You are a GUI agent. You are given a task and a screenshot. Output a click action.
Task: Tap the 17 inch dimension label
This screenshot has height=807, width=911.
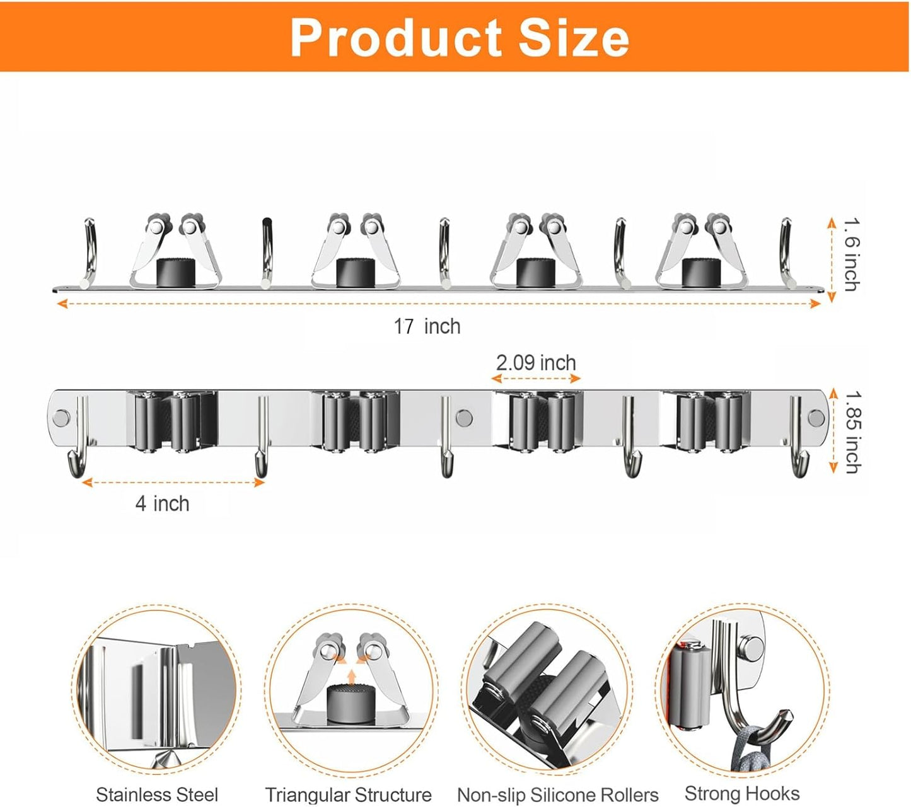click(427, 326)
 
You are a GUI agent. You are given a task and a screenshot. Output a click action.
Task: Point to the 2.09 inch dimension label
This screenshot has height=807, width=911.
click(536, 363)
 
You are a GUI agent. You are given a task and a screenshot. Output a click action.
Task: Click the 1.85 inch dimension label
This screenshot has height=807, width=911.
click(852, 432)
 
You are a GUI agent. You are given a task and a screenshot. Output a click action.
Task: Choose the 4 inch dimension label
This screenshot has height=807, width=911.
click(162, 503)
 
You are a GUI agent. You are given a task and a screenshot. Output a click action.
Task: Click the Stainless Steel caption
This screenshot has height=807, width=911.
click(157, 794)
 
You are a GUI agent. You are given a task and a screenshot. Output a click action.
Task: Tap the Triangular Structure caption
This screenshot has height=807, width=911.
click(348, 794)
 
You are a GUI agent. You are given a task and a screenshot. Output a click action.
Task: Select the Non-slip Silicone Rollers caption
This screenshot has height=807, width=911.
click(557, 795)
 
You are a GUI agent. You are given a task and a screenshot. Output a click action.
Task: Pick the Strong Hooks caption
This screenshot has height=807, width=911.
click(742, 793)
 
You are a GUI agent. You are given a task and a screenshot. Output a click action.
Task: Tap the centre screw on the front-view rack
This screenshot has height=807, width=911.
click(464, 418)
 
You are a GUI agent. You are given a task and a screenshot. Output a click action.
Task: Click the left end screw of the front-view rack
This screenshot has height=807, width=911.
click(62, 418)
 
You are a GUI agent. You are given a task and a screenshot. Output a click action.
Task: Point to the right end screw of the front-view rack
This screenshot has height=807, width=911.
click(816, 418)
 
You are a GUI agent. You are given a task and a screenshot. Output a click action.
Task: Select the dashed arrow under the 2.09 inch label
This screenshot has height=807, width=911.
click(536, 379)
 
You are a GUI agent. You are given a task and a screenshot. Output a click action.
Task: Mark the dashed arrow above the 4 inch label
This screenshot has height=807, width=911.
click(173, 483)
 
